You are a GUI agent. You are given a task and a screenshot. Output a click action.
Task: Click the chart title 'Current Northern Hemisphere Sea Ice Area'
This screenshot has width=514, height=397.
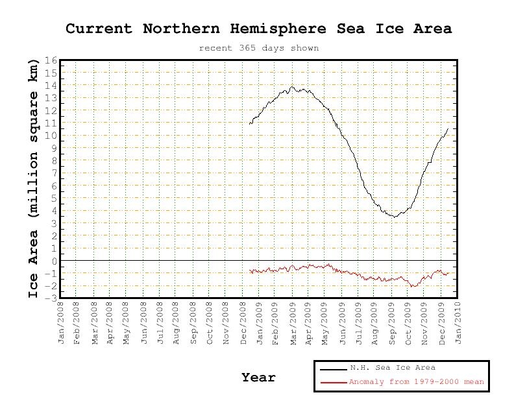pos(258,29)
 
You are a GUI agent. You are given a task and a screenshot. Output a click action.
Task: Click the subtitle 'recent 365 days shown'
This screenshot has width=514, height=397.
pos(258,48)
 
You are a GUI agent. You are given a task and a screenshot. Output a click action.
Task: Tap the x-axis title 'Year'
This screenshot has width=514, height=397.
pos(258,377)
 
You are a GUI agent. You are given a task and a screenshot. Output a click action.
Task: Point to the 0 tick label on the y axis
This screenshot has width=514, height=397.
pos(55,261)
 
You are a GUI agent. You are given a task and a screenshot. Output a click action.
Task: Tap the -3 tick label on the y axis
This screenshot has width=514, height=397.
pos(52,298)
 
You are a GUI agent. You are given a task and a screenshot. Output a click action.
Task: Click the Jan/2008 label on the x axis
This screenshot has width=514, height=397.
pos(62,322)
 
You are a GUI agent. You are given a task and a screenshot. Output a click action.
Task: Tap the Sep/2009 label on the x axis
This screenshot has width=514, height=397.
pos(391,322)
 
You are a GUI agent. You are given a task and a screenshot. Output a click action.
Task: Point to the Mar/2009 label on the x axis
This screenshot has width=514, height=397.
pos(292,322)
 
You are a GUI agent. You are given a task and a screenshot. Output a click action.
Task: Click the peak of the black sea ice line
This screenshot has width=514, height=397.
pos(292,86)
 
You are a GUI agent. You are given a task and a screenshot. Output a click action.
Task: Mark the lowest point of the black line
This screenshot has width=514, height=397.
pos(393,217)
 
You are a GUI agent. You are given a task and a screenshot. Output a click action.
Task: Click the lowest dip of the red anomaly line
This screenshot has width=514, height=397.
pos(412,286)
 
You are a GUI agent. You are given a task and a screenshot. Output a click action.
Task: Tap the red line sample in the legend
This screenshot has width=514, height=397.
pos(332,381)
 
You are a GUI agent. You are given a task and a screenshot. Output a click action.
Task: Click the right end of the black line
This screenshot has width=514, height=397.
pos(448,128)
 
